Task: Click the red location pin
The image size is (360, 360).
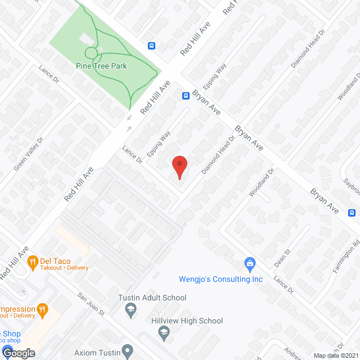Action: pyautogui.click(x=179, y=165)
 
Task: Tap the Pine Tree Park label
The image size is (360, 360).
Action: pyautogui.click(x=102, y=66)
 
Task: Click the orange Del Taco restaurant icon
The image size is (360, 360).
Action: pyautogui.click(x=33, y=261)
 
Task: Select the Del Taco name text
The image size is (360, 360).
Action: pyautogui.click(x=57, y=260)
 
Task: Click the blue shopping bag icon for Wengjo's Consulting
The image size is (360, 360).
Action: pyautogui.click(x=250, y=263)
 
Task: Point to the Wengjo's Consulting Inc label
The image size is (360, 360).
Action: pyautogui.click(x=220, y=279)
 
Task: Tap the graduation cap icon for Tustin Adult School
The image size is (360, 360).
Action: pyautogui.click(x=130, y=308)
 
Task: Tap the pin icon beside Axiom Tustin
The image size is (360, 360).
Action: pyautogui.click(x=128, y=352)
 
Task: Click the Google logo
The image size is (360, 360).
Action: pyautogui.click(x=18, y=353)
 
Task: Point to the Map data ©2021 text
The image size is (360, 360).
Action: pyautogui.click(x=335, y=355)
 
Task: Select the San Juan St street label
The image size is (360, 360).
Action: pyautogui.click(x=91, y=302)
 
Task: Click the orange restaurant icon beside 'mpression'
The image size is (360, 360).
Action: pyautogui.click(x=42, y=309)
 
